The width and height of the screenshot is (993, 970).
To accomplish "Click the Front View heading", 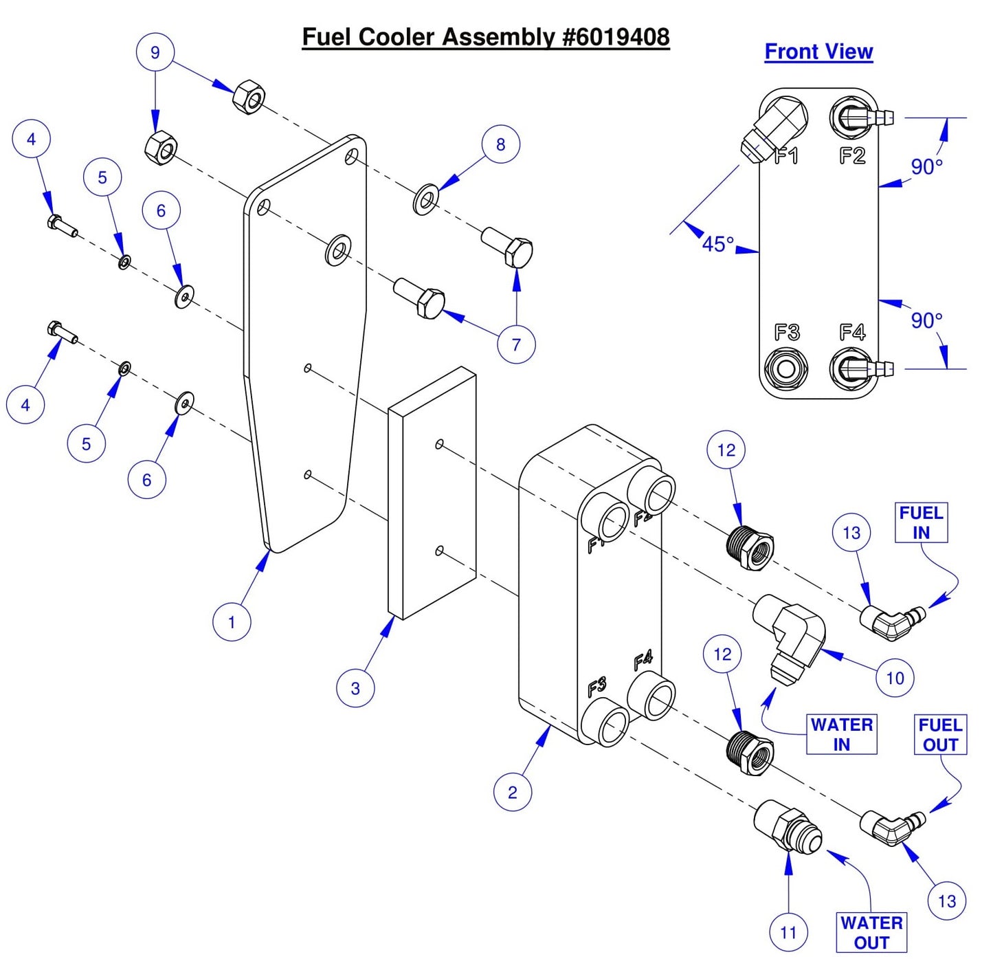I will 818,52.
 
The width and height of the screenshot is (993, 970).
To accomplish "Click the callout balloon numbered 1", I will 232,622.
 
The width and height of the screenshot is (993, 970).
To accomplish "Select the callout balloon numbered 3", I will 355,688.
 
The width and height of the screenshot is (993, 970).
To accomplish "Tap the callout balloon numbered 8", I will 500,144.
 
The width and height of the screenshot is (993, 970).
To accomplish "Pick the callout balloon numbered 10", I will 895,678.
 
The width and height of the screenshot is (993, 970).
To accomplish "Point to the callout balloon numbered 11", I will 788,933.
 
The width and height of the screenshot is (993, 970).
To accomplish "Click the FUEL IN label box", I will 921,522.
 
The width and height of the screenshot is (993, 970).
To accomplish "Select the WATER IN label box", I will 841,734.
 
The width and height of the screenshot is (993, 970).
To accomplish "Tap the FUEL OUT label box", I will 940,735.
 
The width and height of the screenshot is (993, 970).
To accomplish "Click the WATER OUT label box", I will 871,932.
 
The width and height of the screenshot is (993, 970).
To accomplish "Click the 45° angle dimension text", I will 717,244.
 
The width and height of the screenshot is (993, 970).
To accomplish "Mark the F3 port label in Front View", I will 787,333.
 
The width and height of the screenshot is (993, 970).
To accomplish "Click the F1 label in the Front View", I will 786,156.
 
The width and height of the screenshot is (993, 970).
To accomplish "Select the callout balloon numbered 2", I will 513,792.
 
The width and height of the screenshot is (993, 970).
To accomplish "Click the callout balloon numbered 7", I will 516,344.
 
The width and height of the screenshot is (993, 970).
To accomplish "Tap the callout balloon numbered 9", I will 155,52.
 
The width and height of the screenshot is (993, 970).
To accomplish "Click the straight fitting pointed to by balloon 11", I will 785,826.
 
